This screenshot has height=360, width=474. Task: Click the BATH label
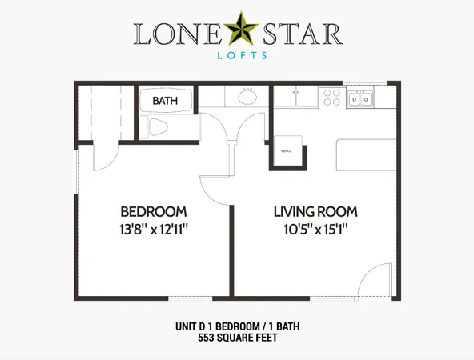(x=165, y=101)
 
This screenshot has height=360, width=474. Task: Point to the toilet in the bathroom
(x=157, y=127)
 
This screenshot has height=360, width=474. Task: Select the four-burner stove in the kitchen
(x=332, y=98)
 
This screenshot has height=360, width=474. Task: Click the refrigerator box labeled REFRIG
(x=287, y=150)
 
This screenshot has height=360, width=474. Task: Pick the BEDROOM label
(x=154, y=212)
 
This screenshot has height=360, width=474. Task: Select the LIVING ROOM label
(x=315, y=212)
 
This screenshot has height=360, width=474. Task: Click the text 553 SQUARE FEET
(x=237, y=338)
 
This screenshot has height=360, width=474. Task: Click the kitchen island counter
(x=366, y=154)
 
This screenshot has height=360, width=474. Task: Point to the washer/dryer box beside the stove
(x=295, y=97)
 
